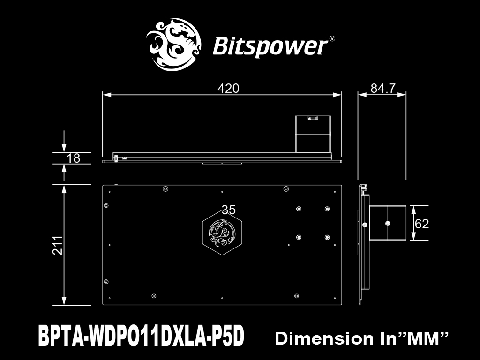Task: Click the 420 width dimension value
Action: click(228, 88)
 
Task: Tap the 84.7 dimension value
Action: click(383, 88)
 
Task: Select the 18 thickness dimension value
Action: click(73, 158)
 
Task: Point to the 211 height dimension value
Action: click(58, 245)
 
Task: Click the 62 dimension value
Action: click(421, 224)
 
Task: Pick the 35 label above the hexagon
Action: click(228, 210)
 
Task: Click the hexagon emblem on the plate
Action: click(222, 232)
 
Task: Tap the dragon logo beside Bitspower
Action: click(173, 45)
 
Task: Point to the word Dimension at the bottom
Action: click(324, 338)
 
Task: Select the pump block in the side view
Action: click(388, 223)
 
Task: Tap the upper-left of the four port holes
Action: click(299, 209)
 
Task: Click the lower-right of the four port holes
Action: click(327, 237)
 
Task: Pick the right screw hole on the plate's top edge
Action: click(286, 189)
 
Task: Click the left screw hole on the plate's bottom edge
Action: click(154, 296)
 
